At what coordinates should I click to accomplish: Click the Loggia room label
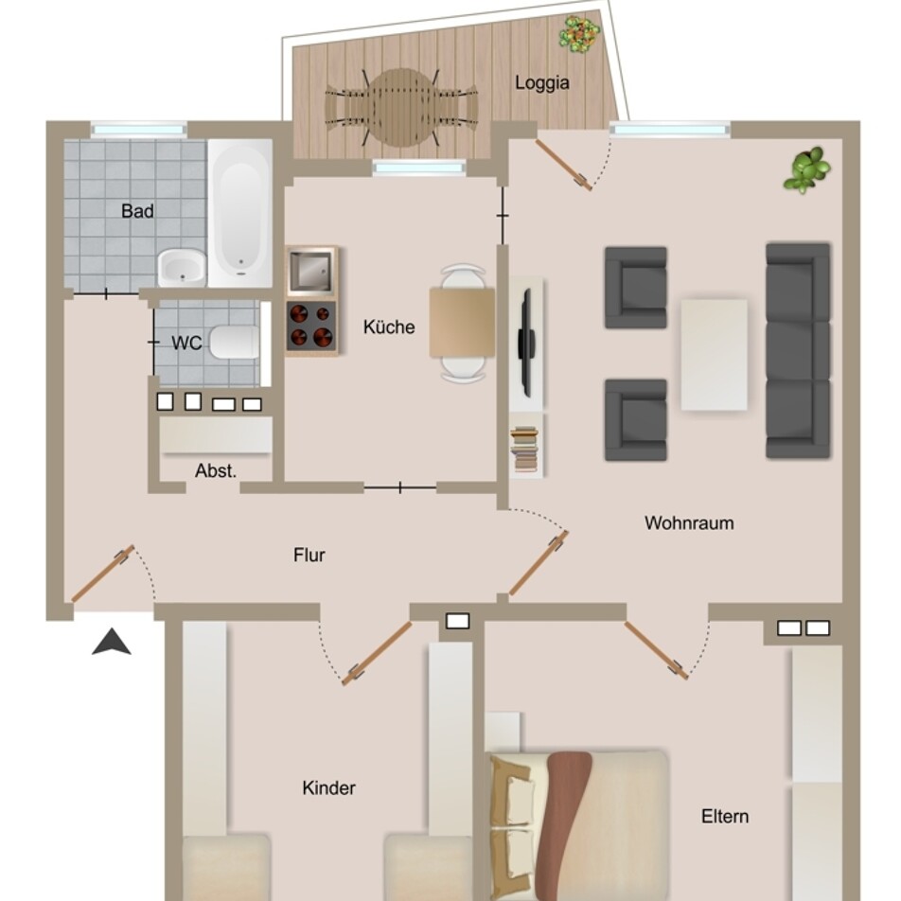tap(542, 82)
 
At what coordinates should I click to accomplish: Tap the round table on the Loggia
tap(401, 108)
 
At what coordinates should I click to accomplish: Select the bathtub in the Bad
tap(239, 213)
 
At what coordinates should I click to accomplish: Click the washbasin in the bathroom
tap(182, 268)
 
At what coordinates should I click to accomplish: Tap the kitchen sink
tap(310, 271)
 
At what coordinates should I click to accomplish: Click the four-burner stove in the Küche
tap(310, 327)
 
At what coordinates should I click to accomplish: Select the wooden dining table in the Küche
tap(462, 323)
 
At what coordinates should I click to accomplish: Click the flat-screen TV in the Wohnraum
tap(526, 343)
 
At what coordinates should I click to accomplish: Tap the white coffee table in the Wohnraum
tap(715, 355)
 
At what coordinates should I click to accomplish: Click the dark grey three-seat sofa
tap(798, 350)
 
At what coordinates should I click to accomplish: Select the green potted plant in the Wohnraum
tap(806, 169)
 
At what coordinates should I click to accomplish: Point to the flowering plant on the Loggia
tap(580, 34)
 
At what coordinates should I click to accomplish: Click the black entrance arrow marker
tap(112, 643)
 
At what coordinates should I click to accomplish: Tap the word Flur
tap(309, 555)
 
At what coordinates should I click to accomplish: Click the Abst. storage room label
tap(216, 471)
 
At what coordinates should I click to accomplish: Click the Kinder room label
tap(328, 787)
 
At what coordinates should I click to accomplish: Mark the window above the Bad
tap(139, 130)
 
